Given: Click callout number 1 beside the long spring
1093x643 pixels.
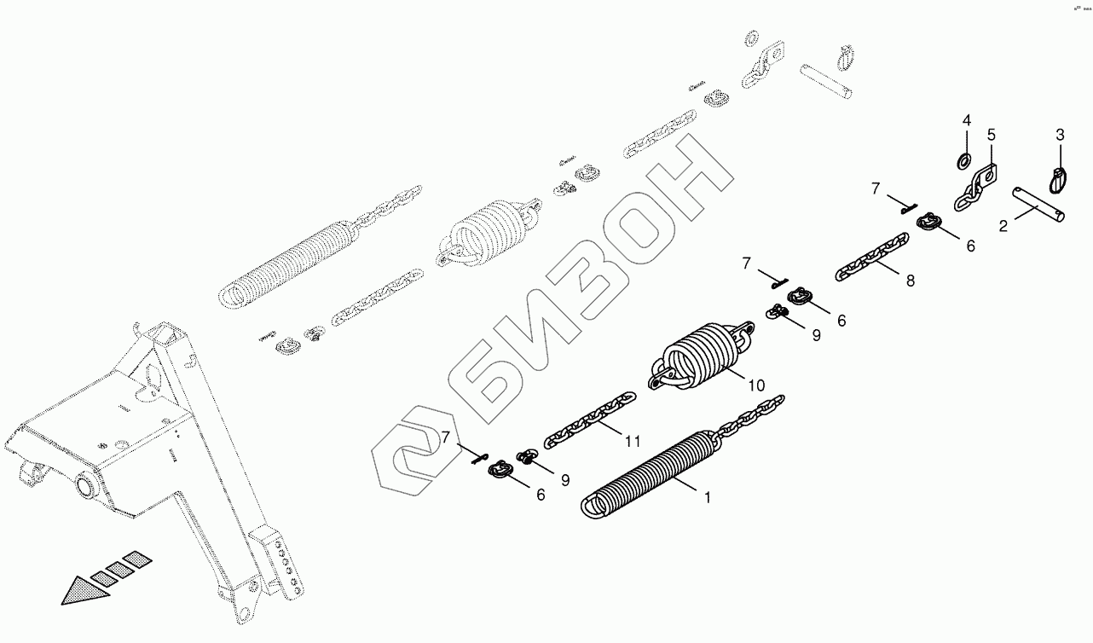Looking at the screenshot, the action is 707,495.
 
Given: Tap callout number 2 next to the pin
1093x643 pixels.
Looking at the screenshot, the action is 1003,225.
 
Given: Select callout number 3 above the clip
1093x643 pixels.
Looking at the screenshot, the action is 1060,134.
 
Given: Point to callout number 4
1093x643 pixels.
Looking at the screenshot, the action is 967,119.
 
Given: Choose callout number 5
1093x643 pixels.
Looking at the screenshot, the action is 992,135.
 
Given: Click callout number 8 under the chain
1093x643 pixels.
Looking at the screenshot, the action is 911,281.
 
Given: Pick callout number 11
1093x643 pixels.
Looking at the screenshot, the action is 632,441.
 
